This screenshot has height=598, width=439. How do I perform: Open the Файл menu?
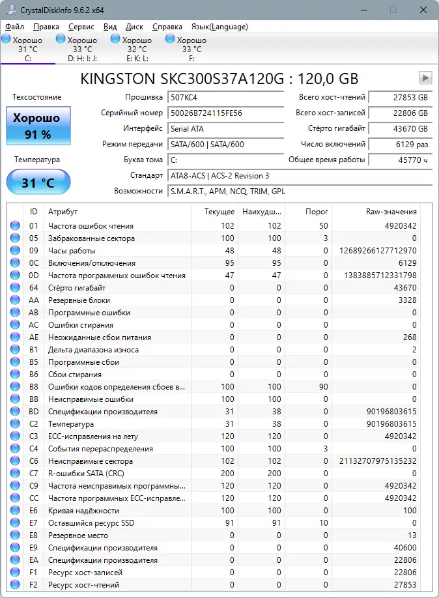click(x=14, y=27)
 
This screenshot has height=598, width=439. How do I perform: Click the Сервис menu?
click(x=81, y=27)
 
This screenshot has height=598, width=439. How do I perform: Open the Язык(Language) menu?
click(x=219, y=27)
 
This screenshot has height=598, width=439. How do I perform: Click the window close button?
click(x=423, y=10)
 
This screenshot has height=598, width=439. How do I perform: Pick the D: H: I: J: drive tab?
click(x=82, y=49)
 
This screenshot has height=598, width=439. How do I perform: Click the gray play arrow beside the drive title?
click(x=425, y=78)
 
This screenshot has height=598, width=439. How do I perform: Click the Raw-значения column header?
click(x=392, y=212)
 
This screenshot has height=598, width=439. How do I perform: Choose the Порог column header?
click(x=317, y=212)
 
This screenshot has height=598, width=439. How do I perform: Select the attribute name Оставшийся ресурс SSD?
click(x=92, y=523)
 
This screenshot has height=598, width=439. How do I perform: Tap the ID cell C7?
click(x=34, y=474)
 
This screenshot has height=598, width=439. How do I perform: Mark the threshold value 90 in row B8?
click(x=323, y=387)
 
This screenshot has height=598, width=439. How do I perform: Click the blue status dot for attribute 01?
click(x=15, y=226)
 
